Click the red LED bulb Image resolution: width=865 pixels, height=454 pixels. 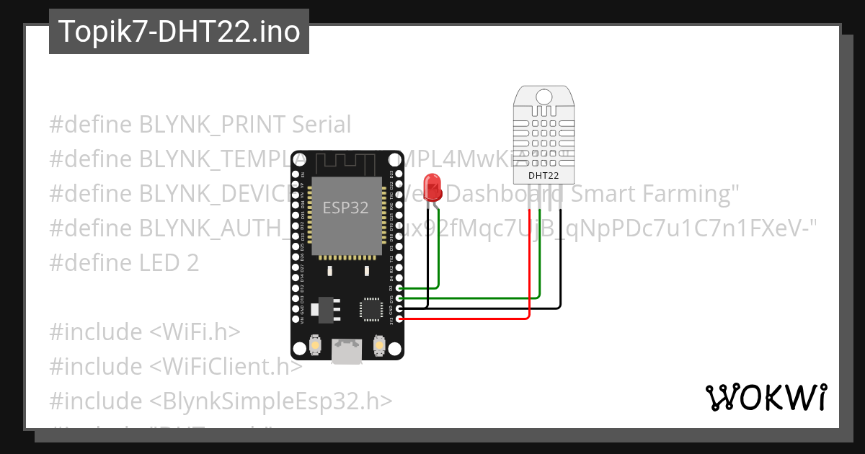tap(432, 187)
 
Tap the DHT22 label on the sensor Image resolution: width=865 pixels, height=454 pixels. tap(544, 175)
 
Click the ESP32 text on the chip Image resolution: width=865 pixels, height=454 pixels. tap(345, 208)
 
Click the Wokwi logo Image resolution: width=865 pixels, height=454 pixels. tap(766, 397)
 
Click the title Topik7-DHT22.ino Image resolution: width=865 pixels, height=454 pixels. tap(179, 32)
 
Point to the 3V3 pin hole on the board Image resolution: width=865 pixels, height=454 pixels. tap(399, 318)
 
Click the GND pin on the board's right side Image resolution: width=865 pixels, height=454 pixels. tap(399, 308)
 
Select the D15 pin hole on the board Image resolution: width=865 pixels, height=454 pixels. tap(399, 298)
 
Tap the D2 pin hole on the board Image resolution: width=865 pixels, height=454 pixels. tap(399, 288)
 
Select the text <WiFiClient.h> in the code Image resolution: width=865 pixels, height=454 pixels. tap(226, 366)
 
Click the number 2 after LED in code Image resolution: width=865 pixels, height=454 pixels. tap(192, 262)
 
